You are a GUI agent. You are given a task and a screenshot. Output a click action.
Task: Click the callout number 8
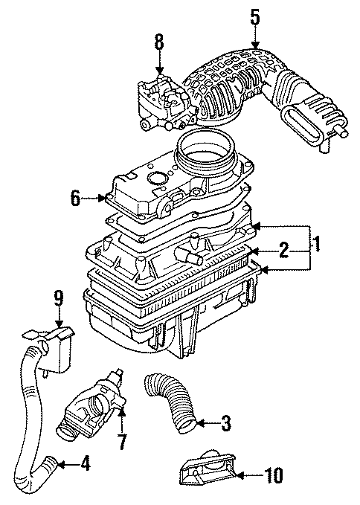[x=158, y=42]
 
